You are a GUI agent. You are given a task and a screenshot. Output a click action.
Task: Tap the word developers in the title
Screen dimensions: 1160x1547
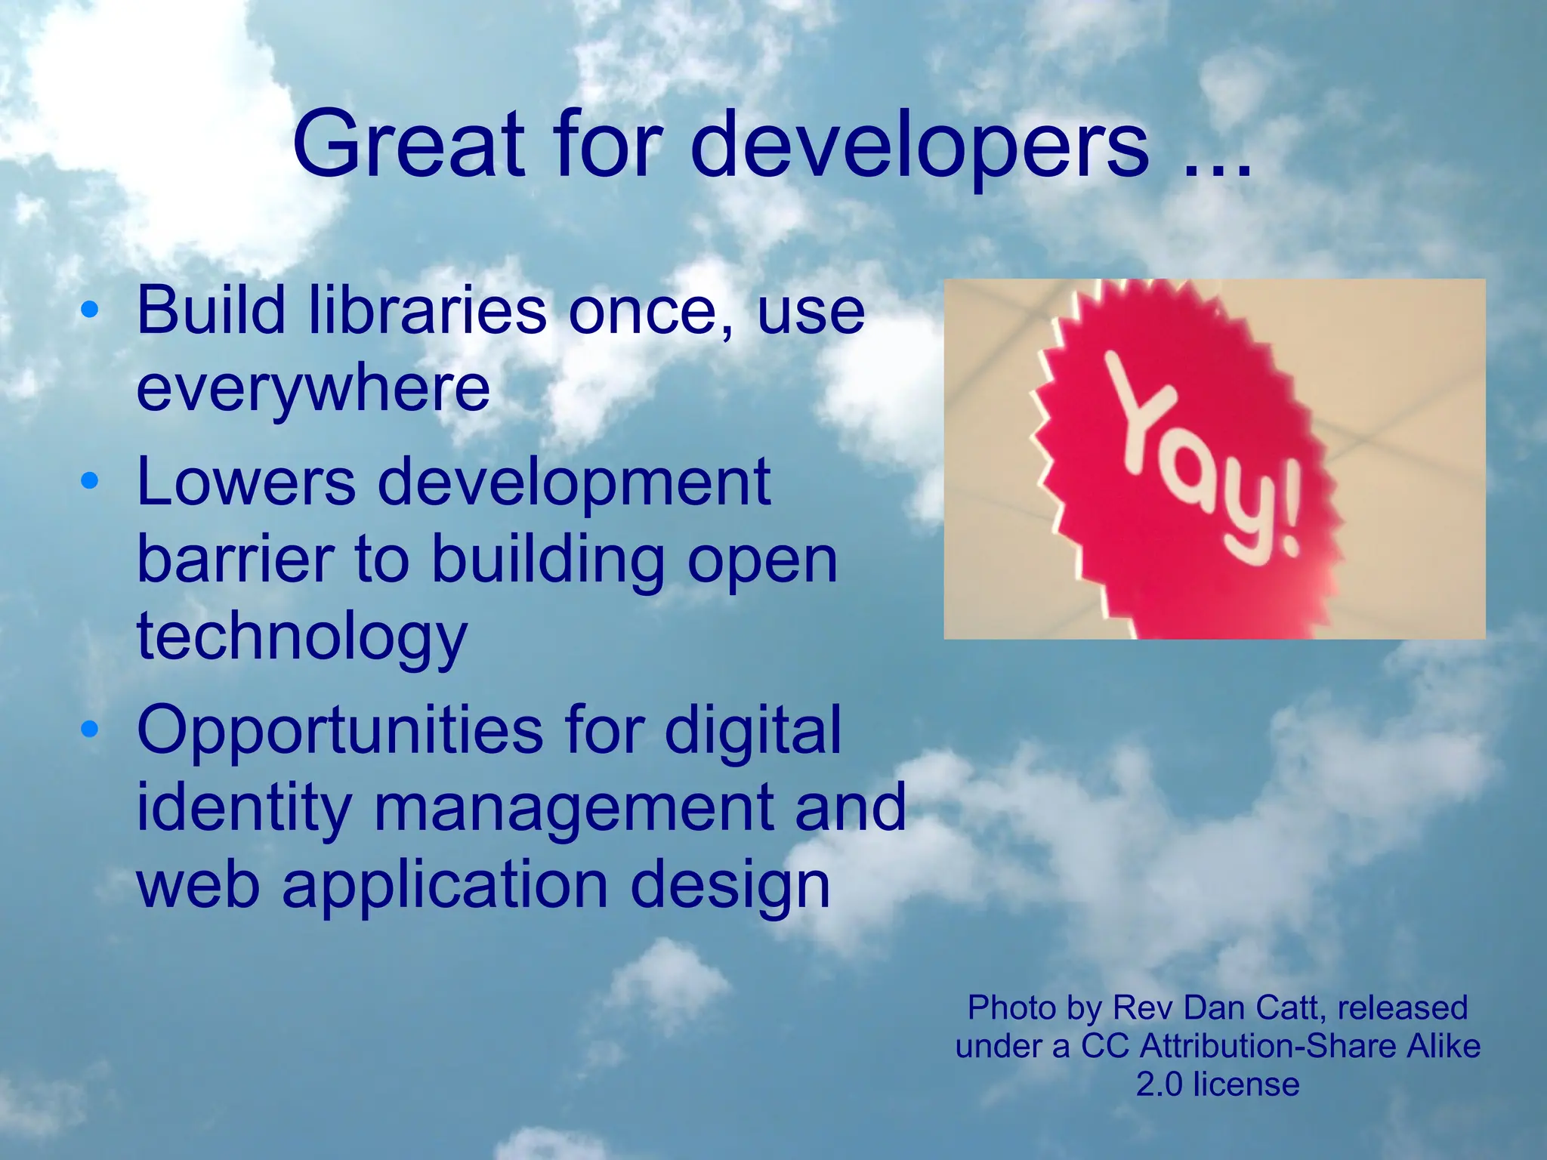[919, 145]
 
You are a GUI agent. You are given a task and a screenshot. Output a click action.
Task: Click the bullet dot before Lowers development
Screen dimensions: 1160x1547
[89, 480]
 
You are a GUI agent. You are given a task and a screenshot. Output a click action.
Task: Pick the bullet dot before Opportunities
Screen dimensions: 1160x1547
[89, 729]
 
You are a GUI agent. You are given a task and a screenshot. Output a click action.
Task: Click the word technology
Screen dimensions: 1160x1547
[302, 639]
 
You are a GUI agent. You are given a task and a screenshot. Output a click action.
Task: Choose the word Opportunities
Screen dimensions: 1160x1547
[341, 731]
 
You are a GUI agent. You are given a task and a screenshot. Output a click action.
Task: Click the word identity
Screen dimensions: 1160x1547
[244, 807]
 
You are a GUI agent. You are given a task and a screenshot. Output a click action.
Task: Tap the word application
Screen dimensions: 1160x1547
[445, 886]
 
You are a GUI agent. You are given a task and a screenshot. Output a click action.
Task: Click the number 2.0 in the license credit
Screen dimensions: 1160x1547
[1159, 1084]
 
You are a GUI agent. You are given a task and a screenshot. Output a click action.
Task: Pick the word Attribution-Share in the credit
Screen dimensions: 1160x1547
[1269, 1046]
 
